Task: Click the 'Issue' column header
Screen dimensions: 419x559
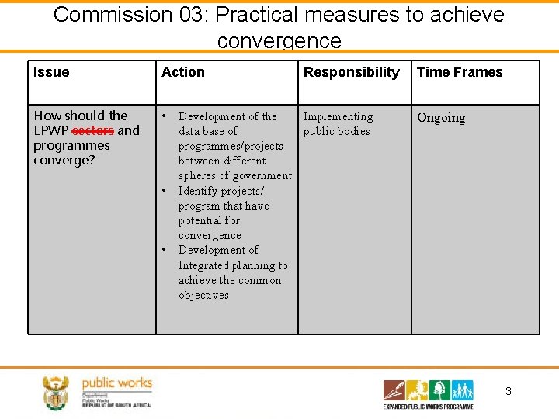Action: pyautogui.click(x=51, y=72)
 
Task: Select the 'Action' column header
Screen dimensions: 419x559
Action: pyautogui.click(x=183, y=72)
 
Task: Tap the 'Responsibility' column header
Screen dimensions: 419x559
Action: pyautogui.click(x=351, y=72)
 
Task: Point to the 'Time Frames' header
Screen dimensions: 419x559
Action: pyautogui.click(x=460, y=72)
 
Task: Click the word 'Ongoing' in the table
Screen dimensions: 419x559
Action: pyautogui.click(x=441, y=118)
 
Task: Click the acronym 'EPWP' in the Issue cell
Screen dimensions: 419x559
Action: pyautogui.click(x=50, y=130)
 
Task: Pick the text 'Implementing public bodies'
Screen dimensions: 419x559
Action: pyautogui.click(x=338, y=123)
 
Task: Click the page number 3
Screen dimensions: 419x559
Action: pyautogui.click(x=509, y=392)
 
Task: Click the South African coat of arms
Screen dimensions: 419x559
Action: pyautogui.click(x=56, y=393)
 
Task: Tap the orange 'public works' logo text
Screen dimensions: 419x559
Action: pyautogui.click(x=116, y=383)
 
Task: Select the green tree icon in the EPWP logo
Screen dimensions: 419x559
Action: pyautogui.click(x=439, y=390)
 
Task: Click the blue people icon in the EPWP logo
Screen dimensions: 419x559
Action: pyautogui.click(x=462, y=390)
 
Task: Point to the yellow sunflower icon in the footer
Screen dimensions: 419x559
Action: pyautogui.click(x=418, y=390)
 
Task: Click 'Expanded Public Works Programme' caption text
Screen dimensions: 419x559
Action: pyautogui.click(x=428, y=406)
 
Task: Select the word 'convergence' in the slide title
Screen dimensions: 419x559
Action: pyautogui.click(x=279, y=40)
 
